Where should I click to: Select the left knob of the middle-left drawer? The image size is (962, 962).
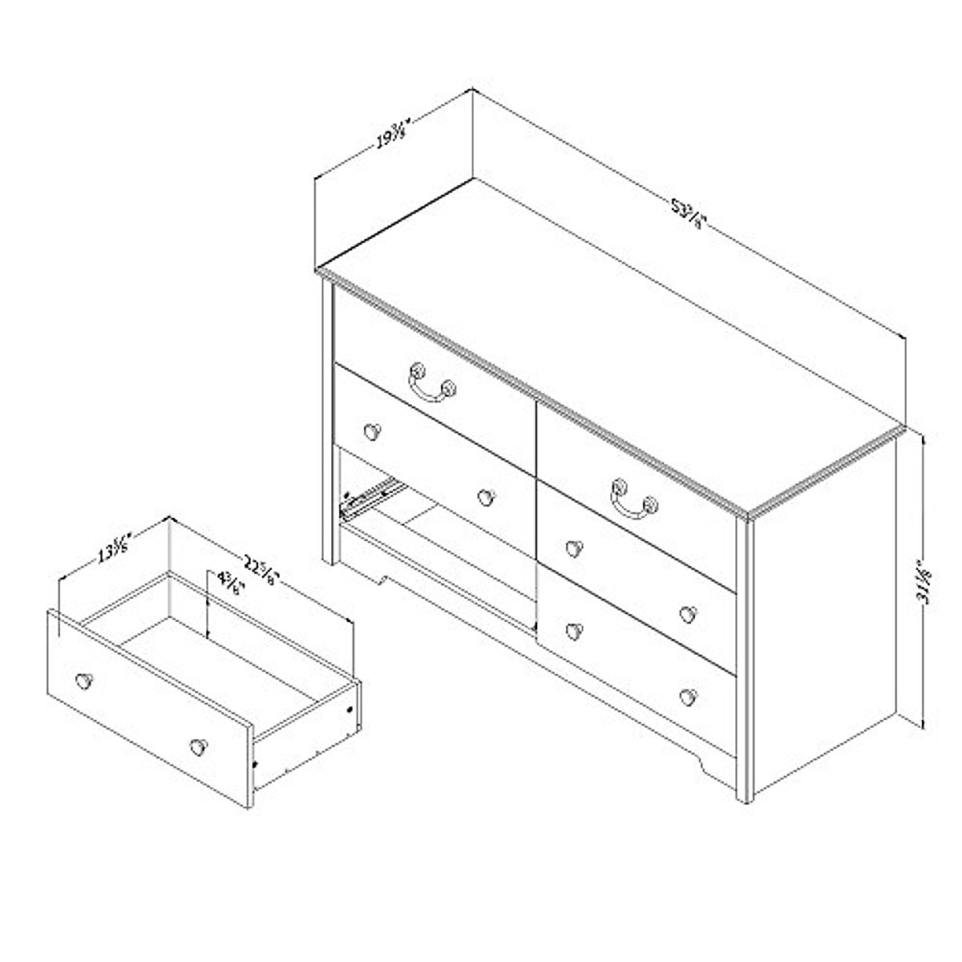pos(370,431)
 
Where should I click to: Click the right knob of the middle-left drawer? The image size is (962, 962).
pos(484,497)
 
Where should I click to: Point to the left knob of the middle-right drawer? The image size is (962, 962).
pos(572,548)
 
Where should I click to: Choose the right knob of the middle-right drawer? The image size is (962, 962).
pos(686,614)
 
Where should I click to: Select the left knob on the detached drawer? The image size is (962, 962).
pos(83,681)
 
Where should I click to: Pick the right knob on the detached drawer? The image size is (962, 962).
pos(196,747)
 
